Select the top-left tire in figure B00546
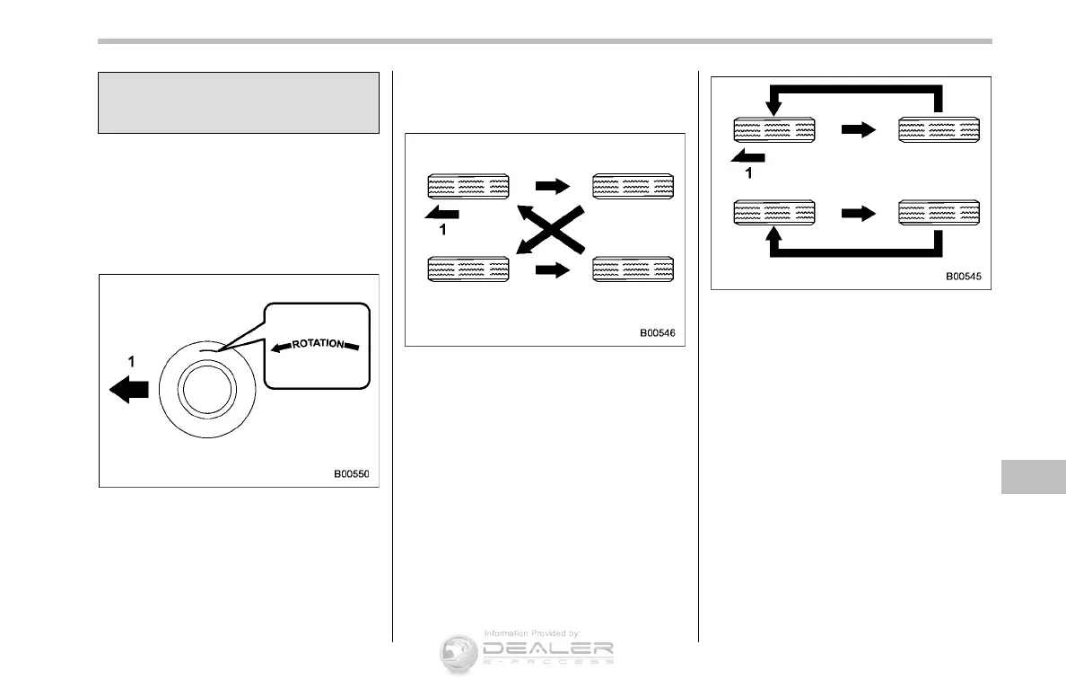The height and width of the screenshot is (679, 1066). [467, 187]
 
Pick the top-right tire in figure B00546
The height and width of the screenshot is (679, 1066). [633, 187]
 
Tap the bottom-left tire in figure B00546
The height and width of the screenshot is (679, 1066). [467, 270]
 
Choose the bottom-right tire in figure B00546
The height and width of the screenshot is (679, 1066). [633, 270]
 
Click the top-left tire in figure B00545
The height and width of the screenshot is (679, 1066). [773, 129]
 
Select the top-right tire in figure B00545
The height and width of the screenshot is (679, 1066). [939, 129]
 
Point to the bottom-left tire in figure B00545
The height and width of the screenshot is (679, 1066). [773, 212]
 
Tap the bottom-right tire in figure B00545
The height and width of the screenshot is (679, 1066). [939, 212]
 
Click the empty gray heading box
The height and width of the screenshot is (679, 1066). [238, 102]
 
